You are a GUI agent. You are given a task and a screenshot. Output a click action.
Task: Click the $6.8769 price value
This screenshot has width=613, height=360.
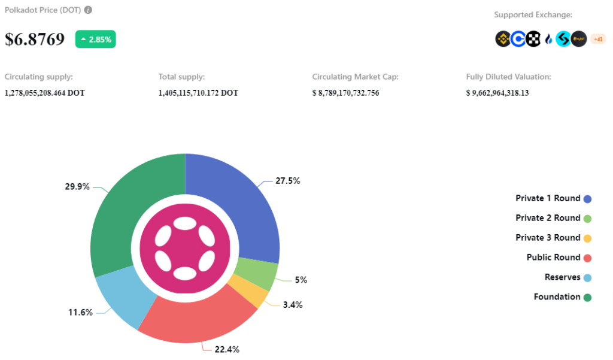coord(35,39)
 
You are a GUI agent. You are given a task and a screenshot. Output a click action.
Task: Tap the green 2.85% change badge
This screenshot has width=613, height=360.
coord(95,39)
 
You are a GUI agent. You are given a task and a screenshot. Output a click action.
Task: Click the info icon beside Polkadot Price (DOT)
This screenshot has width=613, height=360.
coord(89,10)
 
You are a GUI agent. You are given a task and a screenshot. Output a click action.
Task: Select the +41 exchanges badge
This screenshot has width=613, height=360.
coord(597,39)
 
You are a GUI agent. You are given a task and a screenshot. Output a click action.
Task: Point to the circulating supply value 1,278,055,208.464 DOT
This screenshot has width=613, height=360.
coord(44,93)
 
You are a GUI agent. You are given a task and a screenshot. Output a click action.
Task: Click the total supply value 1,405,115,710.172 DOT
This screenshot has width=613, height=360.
coord(198,93)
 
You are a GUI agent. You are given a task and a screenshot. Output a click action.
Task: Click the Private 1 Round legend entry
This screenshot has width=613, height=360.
coord(548,198)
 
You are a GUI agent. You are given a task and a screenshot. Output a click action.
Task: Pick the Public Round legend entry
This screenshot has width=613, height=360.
coord(553,258)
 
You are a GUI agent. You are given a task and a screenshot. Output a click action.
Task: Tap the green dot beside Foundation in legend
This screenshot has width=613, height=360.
coord(587,297)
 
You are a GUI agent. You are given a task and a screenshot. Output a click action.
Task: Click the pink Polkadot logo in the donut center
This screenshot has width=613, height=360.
coord(185,248)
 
